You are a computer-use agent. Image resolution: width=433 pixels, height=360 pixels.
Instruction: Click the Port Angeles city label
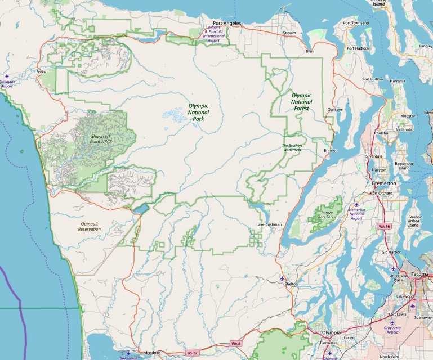(226, 23)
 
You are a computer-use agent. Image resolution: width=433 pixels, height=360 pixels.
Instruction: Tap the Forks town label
(41, 72)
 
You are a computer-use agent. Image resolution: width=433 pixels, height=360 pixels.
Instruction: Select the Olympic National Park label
(198, 112)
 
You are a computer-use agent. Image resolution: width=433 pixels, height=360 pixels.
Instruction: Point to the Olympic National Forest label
(301, 102)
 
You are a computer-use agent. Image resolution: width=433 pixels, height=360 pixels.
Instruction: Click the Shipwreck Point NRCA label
(102, 138)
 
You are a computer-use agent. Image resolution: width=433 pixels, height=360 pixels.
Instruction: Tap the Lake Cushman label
(268, 225)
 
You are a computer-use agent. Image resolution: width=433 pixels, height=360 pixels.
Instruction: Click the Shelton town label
(291, 284)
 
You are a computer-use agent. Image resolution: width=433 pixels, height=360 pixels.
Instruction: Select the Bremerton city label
(383, 183)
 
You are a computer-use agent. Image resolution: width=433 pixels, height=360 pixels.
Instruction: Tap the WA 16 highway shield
(384, 226)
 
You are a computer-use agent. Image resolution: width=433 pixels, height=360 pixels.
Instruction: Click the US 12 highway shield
(192, 353)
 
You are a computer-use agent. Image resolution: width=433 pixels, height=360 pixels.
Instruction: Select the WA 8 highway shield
(235, 343)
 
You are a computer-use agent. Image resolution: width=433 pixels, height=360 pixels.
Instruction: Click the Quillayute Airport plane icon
(7, 75)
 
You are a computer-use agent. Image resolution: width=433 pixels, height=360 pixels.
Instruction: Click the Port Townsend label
(356, 23)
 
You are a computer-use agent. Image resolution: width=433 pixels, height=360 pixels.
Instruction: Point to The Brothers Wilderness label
(292, 148)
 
